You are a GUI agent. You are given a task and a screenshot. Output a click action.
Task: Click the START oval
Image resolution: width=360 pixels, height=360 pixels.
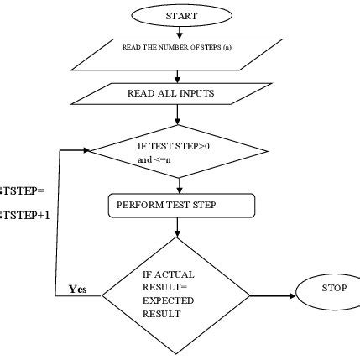(180, 15)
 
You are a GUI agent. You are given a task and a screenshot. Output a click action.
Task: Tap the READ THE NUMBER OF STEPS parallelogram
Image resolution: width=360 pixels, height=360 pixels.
(178, 53)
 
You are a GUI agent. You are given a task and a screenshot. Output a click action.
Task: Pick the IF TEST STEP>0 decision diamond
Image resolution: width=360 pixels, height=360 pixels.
(178, 151)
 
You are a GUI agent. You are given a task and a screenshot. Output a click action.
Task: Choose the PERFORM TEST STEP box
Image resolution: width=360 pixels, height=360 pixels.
(180, 205)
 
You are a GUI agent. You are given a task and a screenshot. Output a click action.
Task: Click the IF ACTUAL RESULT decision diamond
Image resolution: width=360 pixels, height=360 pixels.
(177, 295)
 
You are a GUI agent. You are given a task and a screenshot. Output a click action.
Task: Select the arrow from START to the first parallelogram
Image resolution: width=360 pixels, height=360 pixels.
(180, 32)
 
